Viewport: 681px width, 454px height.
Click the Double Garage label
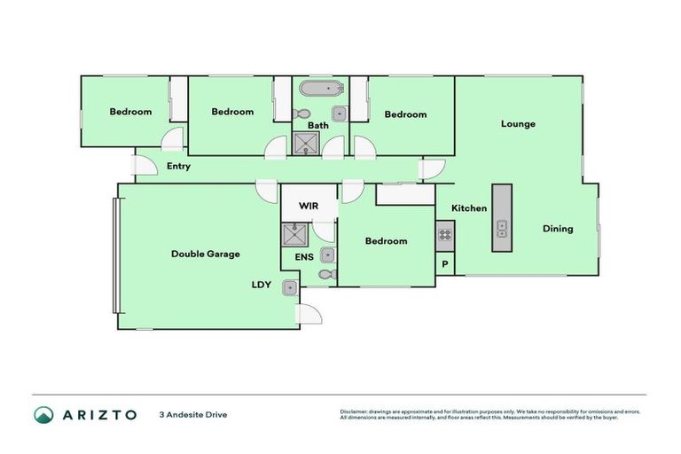pos(206,254)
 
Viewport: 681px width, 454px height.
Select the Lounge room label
pos(518,124)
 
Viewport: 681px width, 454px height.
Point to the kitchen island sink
pos(502,229)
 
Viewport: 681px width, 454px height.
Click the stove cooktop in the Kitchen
pos(445,235)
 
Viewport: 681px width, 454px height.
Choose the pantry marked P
pos(445,264)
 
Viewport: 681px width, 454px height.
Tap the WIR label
pos(308,206)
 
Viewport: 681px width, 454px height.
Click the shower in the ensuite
pos(294,234)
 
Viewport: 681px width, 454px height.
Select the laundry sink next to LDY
pos(290,287)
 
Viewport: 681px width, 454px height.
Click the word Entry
pos(178,167)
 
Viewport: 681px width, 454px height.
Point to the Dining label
pos(558,229)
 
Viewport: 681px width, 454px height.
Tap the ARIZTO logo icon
pos(43,414)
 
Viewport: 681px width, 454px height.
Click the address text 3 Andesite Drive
pos(192,414)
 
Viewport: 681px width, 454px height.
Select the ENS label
pos(304,257)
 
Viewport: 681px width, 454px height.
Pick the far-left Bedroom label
pos(130,113)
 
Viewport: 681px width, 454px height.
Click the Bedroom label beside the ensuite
pos(386,241)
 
